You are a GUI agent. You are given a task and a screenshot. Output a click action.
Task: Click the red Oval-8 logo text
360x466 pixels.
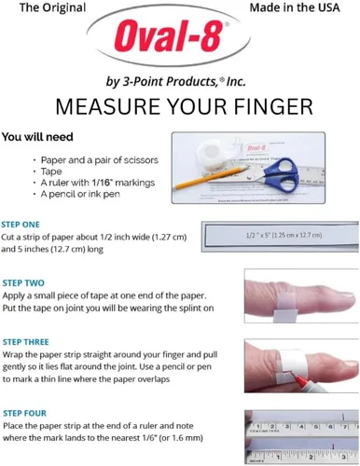click(168, 36)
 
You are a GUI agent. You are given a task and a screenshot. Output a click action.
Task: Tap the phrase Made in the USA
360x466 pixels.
click(295, 7)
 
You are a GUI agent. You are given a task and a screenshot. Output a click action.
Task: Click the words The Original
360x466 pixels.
click(52, 7)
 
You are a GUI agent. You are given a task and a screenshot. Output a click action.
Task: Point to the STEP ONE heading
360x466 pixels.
click(21, 225)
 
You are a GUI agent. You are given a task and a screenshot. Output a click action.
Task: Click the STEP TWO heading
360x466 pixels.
click(23, 283)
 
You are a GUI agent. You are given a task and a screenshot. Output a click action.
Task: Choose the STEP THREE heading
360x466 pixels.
click(26, 342)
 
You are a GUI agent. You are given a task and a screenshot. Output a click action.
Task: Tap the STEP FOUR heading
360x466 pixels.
click(24, 413)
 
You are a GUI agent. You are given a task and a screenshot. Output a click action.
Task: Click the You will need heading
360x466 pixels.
click(37, 137)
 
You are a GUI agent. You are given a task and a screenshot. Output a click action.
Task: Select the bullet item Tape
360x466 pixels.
click(51, 171)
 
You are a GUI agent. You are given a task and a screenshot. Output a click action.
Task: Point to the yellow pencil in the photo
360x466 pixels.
click(210, 178)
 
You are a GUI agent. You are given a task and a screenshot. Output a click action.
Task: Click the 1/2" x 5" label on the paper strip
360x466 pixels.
click(284, 236)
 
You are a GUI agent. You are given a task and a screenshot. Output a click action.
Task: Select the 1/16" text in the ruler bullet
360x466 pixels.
click(102, 183)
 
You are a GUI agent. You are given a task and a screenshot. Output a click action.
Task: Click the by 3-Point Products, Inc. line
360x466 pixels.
click(175, 81)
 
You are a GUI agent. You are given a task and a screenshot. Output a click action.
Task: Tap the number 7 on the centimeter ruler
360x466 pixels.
click(345, 426)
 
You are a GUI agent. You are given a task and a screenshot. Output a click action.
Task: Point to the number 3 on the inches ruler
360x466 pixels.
click(343, 457)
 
